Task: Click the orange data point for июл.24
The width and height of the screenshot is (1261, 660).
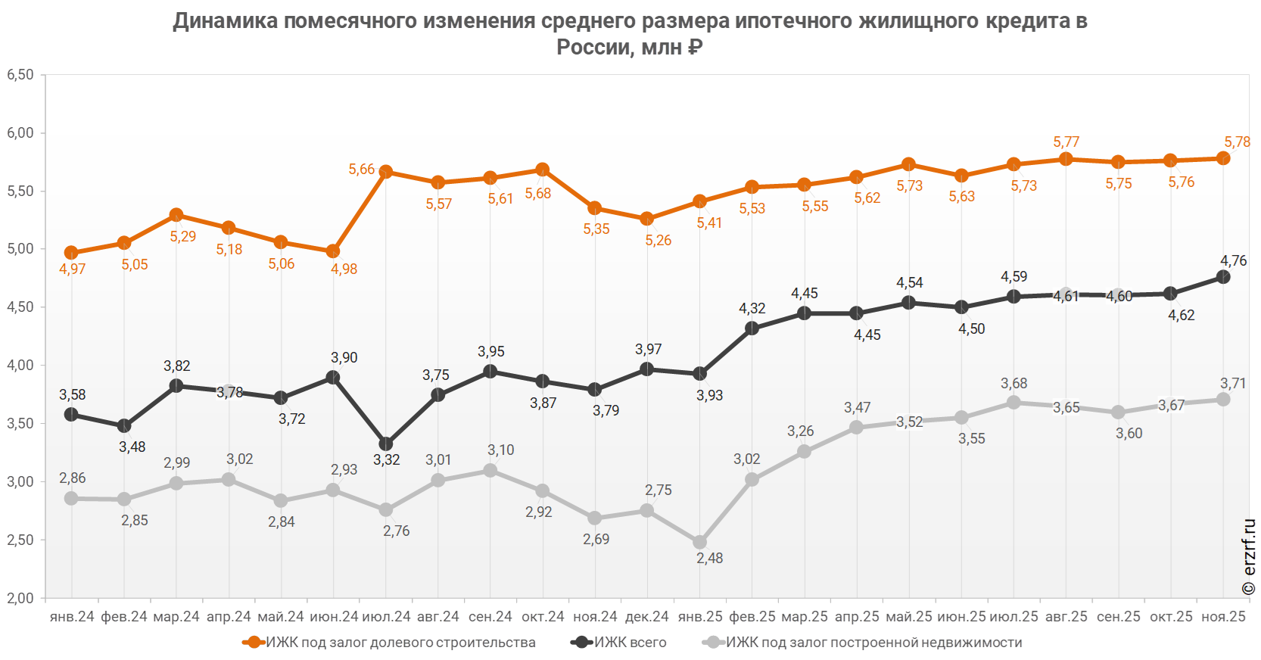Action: pos(386,172)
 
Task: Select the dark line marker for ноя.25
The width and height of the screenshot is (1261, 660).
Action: pos(1223,277)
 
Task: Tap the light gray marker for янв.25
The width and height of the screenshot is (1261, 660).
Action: pos(699,542)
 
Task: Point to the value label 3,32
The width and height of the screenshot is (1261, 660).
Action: pos(386,459)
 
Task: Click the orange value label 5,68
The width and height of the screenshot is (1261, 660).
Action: pos(538,194)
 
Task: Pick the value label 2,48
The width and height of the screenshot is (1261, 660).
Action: pos(709,558)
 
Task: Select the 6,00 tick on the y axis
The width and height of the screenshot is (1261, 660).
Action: pos(20,133)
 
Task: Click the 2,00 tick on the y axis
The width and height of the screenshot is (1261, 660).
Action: pos(20,598)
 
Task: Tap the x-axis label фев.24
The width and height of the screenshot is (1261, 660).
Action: pos(124,617)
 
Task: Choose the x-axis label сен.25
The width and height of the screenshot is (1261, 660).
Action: pos(1118,617)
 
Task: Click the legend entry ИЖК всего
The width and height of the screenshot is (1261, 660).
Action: pos(630,643)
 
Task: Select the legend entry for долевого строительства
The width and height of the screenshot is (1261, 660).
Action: pos(401,643)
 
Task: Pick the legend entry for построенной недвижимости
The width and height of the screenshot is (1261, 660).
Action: pos(874,643)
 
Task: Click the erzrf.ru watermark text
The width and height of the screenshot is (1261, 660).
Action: pos(1249,556)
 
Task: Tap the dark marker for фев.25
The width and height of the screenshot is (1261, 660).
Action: pos(752,328)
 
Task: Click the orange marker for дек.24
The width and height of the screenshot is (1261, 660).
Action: pos(647,219)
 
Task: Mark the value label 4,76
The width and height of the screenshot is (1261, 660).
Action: pos(1233,261)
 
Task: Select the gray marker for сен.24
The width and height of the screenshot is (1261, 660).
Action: pos(490,471)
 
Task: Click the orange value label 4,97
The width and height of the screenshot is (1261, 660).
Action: pos(72,269)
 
